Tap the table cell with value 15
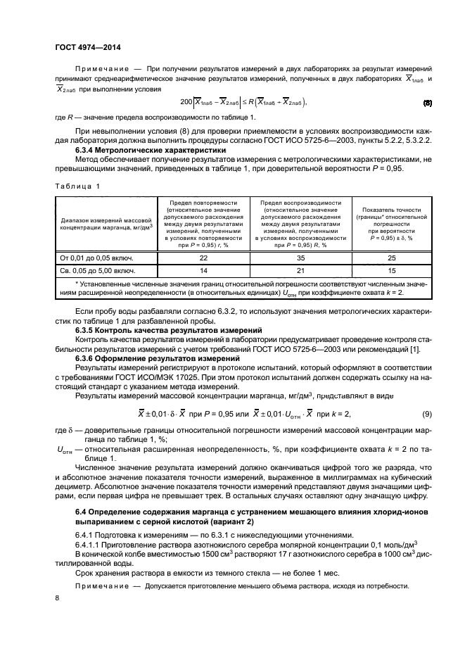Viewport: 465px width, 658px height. point(391,270)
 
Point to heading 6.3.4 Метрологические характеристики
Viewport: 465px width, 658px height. point(151,150)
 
